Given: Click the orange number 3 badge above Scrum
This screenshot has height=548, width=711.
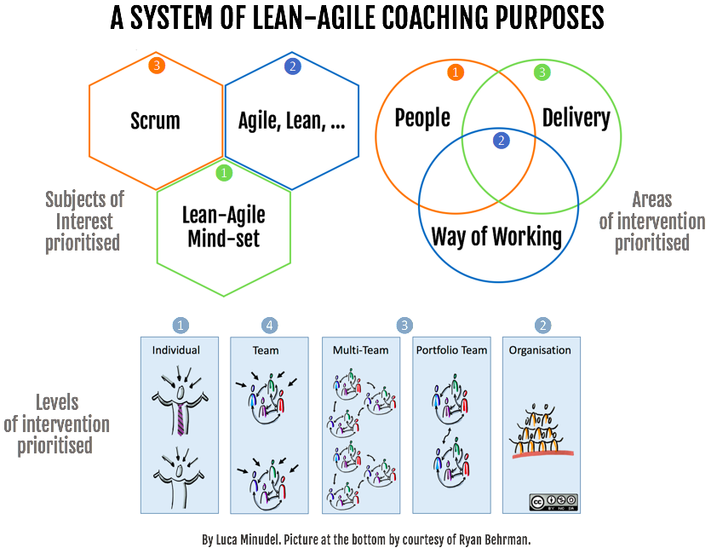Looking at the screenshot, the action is (157, 66).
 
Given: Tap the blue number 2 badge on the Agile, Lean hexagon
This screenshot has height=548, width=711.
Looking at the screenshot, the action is (293, 66).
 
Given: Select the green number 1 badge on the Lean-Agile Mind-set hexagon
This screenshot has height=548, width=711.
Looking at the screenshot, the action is (224, 172).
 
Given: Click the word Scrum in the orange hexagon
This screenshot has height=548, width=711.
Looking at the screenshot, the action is (155, 121).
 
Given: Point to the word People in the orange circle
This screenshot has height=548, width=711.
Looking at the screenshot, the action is (422, 118).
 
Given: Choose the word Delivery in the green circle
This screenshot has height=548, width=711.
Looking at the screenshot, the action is (576, 118).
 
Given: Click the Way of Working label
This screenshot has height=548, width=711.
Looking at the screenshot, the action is (496, 237).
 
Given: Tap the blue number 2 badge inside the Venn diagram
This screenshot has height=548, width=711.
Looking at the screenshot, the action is (501, 141).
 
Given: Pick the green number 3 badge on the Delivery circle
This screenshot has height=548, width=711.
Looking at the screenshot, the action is (542, 72).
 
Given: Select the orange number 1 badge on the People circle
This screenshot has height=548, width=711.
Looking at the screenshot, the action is (456, 72).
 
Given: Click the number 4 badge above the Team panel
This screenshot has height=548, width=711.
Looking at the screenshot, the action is (269, 325).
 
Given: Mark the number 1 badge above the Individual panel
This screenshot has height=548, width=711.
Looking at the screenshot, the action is (181, 325).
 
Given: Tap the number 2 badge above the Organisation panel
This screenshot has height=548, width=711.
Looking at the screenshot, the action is (542, 325).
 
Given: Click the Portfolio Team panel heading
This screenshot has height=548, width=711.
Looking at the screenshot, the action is (451, 350).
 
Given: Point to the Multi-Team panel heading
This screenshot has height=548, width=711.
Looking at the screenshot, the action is (360, 350).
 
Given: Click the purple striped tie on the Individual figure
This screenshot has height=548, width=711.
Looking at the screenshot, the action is (181, 419).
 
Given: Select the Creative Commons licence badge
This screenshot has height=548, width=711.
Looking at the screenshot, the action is (553, 502).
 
